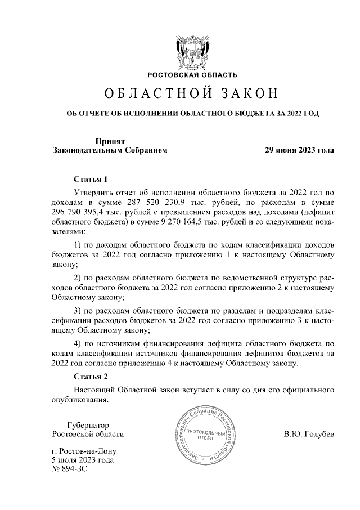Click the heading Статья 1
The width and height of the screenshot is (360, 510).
(x=90, y=180)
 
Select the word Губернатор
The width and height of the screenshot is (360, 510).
(x=87, y=424)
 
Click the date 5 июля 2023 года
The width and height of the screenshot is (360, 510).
(x=82, y=460)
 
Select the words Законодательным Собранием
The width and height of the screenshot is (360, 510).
(x=110, y=150)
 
